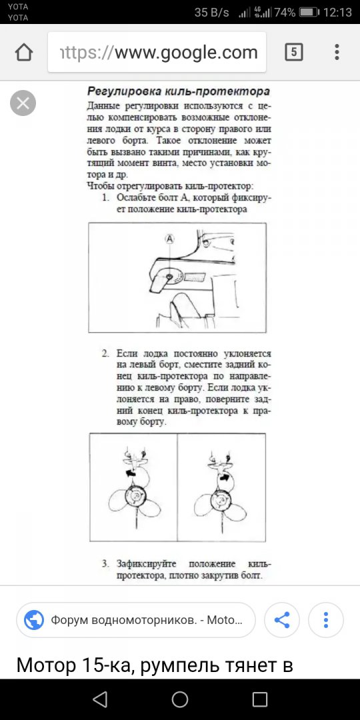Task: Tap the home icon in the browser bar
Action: coord(24,53)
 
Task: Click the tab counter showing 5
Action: coord(293,53)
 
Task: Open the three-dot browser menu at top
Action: coord(337,53)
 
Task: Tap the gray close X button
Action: coord(23,103)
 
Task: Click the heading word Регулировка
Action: coord(117,91)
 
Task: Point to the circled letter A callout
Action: coord(170,239)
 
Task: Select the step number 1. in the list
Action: coord(105,198)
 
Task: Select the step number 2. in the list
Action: coord(105,354)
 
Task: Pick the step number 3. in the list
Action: coord(105,564)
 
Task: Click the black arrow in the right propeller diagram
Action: coord(225,477)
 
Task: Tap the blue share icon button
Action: coord(281,620)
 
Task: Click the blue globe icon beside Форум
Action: coord(34,620)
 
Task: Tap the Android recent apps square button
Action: coord(260,699)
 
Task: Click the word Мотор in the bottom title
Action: coord(46,665)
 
